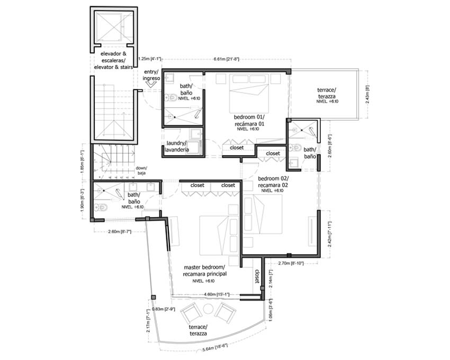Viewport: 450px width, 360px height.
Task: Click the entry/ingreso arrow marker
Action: [150, 84]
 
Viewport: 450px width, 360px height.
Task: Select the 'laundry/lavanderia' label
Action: [176, 147]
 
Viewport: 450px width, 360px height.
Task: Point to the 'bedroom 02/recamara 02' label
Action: [273, 182]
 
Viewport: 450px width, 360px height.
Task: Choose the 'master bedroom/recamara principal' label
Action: [205, 271]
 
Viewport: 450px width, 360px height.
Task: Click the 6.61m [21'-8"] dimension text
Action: [226, 59]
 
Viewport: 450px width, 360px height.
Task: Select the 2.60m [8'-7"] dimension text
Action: [120, 232]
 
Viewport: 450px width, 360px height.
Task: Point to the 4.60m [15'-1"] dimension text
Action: [217, 294]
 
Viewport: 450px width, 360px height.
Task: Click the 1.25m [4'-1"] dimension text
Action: [150, 59]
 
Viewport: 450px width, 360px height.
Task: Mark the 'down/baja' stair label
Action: [141, 170]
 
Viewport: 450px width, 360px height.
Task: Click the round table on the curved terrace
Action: [208, 309]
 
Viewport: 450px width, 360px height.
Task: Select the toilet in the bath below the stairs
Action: [101, 207]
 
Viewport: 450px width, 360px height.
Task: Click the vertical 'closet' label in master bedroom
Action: [257, 276]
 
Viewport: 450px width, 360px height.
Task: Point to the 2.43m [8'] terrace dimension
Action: [368, 94]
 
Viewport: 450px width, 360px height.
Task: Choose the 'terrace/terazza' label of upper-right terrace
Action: [327, 93]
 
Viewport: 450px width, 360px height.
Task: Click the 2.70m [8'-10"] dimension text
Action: [291, 263]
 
